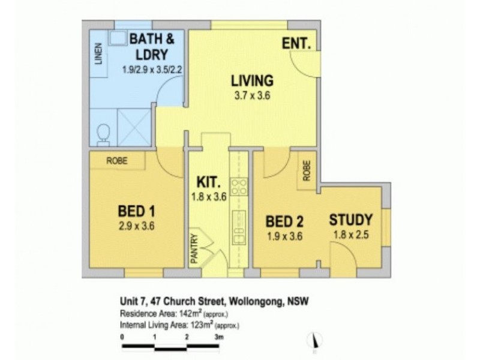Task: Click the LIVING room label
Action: click(x=253, y=80)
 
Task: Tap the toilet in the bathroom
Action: click(x=103, y=134)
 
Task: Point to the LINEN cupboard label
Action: click(x=98, y=53)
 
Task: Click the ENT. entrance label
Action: click(x=297, y=43)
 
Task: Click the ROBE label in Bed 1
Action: click(x=116, y=160)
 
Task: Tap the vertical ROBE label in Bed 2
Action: click(x=306, y=170)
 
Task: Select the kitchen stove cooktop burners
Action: click(x=238, y=187)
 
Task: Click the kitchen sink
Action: click(x=239, y=228)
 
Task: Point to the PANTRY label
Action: click(x=194, y=248)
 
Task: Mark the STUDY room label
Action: click(x=351, y=220)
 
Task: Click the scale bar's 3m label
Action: click(x=220, y=338)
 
